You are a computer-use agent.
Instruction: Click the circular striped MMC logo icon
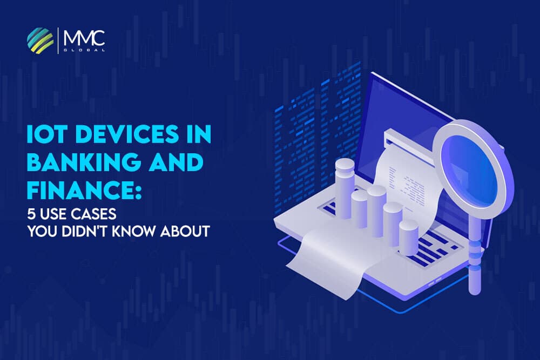[40, 39]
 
